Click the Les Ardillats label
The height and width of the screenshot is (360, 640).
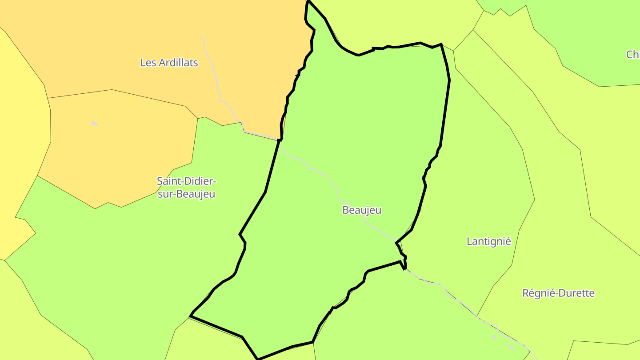pyautogui.click(x=169, y=63)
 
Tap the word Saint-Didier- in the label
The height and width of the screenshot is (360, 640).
pyautogui.click(x=186, y=181)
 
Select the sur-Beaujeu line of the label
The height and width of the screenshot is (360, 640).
pyautogui.click(x=186, y=194)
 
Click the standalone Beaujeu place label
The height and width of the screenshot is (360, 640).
pyautogui.click(x=362, y=210)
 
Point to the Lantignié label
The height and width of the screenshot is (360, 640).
pyautogui.click(x=488, y=241)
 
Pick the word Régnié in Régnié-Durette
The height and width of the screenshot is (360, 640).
pyautogui.click(x=537, y=293)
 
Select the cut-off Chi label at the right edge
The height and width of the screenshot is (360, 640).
pyautogui.click(x=633, y=55)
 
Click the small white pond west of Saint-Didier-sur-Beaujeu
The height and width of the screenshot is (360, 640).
pyautogui.click(x=94, y=123)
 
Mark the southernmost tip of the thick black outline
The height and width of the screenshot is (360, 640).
pyautogui.click(x=258, y=358)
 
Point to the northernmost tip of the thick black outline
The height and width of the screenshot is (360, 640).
pyautogui.click(x=308, y=1)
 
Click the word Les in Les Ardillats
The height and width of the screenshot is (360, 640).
pyautogui.click(x=148, y=63)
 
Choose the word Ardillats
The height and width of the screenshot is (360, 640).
pyautogui.click(x=178, y=63)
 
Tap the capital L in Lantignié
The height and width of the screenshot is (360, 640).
pyautogui.click(x=469, y=241)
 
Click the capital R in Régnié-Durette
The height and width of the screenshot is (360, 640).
pyautogui.click(x=526, y=293)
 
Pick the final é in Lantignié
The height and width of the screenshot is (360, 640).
pyautogui.click(x=508, y=241)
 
